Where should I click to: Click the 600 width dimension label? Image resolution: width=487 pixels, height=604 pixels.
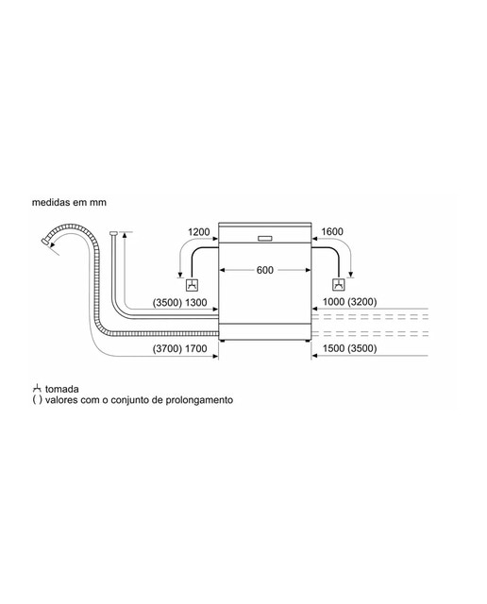tap(264, 270)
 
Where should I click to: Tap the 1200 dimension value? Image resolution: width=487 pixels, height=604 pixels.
tap(199, 232)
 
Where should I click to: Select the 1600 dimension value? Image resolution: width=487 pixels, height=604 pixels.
tap(331, 231)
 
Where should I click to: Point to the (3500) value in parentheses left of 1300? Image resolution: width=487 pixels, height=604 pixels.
tap(167, 302)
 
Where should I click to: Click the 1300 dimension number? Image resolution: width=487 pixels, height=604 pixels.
tap(196, 302)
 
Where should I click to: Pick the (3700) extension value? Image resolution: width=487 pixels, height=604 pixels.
tap(167, 348)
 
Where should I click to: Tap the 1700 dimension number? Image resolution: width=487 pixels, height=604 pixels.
tap(196, 348)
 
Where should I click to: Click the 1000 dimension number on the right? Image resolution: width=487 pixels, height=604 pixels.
tap(333, 302)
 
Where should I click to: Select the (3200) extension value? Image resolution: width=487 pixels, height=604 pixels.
tap(362, 302)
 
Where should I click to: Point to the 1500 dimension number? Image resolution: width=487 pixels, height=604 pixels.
tap(333, 348)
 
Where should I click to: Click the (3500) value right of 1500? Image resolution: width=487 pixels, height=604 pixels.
tap(362, 348)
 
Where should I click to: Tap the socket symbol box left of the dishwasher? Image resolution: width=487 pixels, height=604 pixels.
tap(192, 285)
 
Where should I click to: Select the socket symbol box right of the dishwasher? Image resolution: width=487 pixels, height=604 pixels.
tap(339, 285)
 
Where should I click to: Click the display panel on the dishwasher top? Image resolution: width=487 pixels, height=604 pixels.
tap(264, 239)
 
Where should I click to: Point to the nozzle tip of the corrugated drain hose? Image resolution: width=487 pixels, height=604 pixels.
tap(45, 242)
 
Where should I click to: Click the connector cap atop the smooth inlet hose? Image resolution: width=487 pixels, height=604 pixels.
tap(113, 233)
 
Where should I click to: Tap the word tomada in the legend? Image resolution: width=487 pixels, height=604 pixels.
tap(62, 389)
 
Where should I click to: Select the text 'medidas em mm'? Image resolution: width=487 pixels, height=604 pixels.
tap(69, 202)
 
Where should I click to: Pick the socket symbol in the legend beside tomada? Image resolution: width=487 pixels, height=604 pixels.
tap(37, 388)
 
